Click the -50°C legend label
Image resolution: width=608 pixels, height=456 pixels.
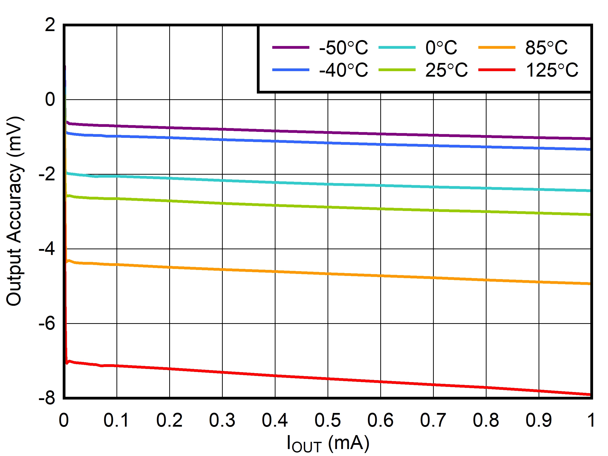pyautogui.click(x=343, y=48)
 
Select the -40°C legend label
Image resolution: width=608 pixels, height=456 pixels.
pyautogui.click(x=343, y=70)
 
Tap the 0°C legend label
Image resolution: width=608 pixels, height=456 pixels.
pyautogui.click(x=441, y=48)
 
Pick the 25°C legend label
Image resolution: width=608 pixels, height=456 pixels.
pyautogui.click(x=446, y=70)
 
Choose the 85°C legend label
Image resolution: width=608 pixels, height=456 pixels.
pyautogui.click(x=546, y=48)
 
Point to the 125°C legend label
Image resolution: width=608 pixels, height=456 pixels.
pyautogui.click(x=552, y=70)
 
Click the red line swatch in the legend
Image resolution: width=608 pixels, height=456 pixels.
pyautogui.click(x=497, y=70)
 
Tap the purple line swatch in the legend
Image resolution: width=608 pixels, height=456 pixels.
pyautogui.click(x=290, y=48)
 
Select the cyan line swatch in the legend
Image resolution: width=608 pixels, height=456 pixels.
pyautogui.click(x=397, y=48)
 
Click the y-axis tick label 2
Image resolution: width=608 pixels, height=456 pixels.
pyautogui.click(x=50, y=25)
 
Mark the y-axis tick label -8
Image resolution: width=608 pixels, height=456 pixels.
pyautogui.click(x=47, y=399)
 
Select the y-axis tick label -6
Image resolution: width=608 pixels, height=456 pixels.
pyautogui.click(x=47, y=324)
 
